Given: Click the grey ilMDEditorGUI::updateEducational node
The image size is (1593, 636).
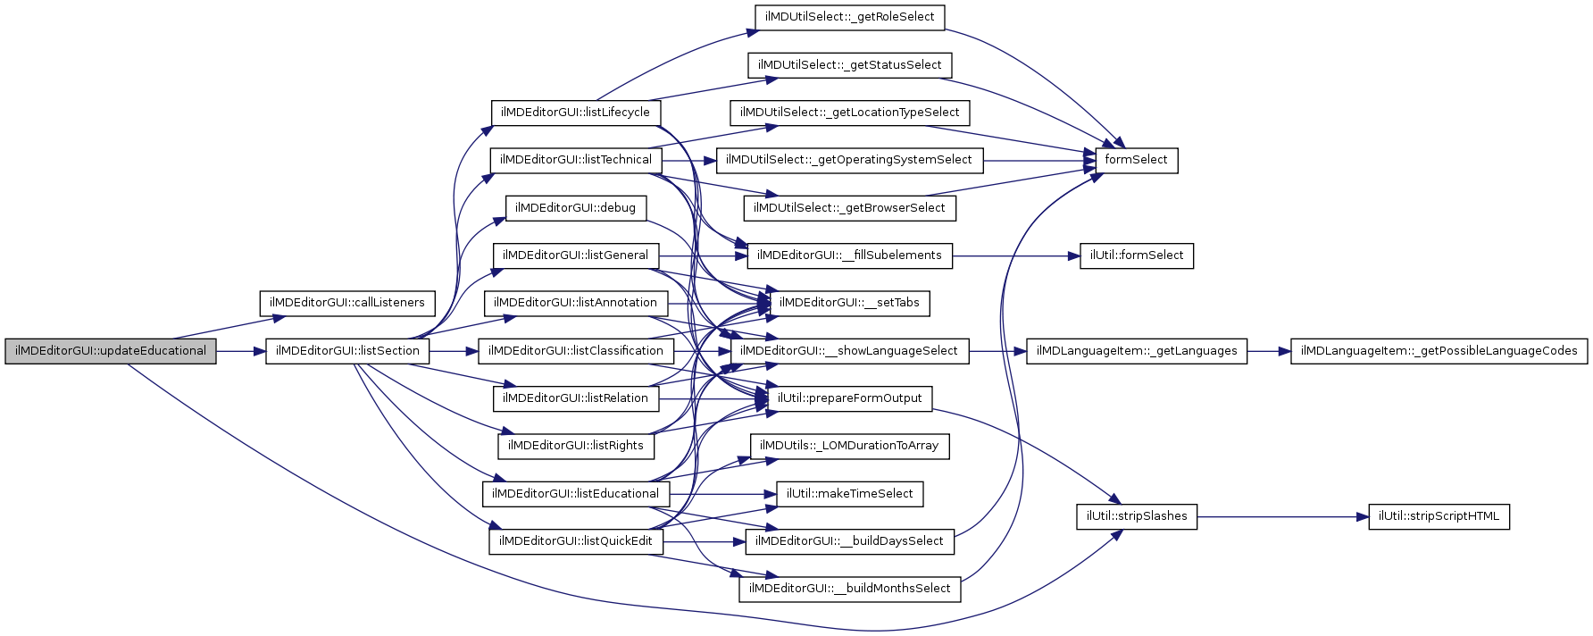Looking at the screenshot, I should [111, 351].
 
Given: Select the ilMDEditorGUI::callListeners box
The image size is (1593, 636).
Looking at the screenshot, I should [347, 303].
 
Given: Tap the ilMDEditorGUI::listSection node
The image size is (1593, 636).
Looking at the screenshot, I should [347, 351].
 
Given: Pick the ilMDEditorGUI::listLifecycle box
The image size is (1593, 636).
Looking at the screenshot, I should [575, 113].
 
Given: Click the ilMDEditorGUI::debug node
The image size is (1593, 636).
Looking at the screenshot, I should [575, 208].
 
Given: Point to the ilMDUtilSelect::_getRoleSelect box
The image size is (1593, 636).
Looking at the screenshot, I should [849, 17].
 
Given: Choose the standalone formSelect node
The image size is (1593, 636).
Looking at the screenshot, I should [1136, 160].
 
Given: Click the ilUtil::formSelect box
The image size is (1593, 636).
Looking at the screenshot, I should [1136, 255].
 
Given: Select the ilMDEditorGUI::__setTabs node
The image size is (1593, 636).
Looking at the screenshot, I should [849, 303].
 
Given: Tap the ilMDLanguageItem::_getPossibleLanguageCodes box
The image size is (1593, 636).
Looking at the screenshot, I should [1439, 351].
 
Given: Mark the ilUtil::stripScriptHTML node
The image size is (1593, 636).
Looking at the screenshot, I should [1439, 516].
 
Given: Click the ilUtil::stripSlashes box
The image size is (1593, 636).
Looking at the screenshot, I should [1137, 516].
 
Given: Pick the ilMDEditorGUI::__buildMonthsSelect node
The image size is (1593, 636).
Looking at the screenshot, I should [849, 589].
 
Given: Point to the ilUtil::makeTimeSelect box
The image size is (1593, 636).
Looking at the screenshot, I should [849, 494].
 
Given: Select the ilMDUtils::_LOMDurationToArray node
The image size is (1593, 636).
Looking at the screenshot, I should [849, 446].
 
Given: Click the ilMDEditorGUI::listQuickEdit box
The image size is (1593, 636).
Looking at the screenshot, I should [575, 541].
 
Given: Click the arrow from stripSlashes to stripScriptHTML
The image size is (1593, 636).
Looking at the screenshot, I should [1282, 516].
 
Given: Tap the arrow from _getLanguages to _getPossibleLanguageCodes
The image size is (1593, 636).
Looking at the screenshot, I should [1269, 351].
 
